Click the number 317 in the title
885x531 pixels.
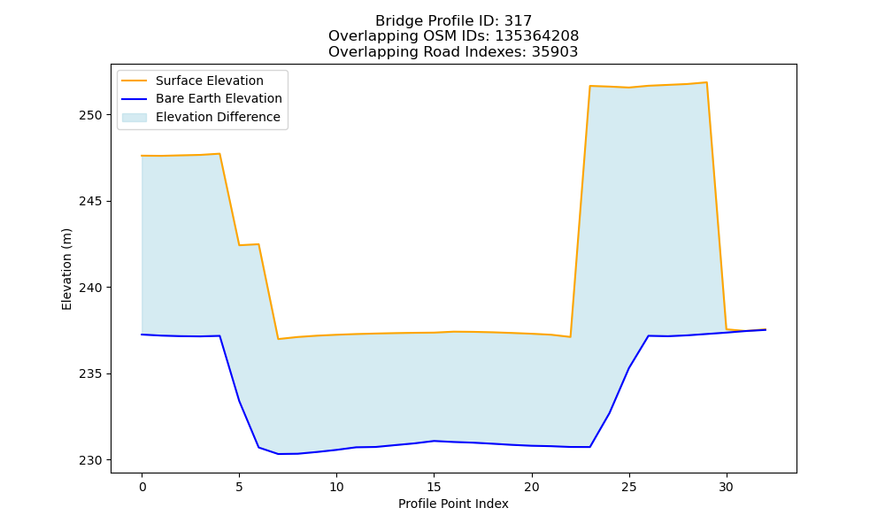click(x=518, y=21)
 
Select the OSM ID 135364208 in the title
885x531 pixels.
click(x=537, y=36)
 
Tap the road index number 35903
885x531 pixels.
click(x=555, y=52)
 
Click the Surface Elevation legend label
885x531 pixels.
click(x=210, y=81)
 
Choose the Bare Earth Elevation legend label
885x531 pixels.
click(x=219, y=98)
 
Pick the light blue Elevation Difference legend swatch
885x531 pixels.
click(x=135, y=118)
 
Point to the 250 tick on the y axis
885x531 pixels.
click(x=91, y=115)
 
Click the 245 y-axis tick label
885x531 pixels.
click(x=91, y=202)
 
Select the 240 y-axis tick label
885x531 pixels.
click(x=91, y=288)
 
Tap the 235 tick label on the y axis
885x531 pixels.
click(x=91, y=374)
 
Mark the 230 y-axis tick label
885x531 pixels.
click(x=91, y=460)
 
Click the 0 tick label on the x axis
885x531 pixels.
click(x=142, y=487)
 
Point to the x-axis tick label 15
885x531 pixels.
click(x=434, y=487)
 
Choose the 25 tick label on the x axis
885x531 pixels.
click(x=629, y=487)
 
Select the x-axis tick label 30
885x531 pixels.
click(x=727, y=487)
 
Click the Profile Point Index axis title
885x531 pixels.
click(x=453, y=504)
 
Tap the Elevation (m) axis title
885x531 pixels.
click(x=67, y=269)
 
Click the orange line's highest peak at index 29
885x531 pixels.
click(x=706, y=82)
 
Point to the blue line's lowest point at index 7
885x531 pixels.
click(x=278, y=454)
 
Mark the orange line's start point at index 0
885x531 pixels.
click(x=142, y=156)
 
